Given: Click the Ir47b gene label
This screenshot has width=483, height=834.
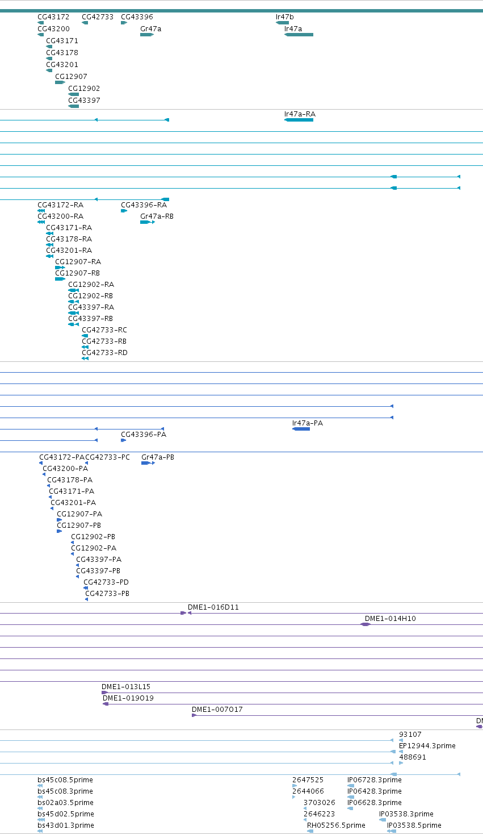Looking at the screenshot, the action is coord(284,16).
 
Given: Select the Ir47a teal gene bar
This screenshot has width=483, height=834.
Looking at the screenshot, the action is coord(299,35).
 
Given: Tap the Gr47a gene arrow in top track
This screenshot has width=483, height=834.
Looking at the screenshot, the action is coord(147,35).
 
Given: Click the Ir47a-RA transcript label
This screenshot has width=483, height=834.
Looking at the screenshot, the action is coord(300,114).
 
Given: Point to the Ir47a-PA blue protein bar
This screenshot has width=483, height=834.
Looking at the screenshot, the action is coord(301,429).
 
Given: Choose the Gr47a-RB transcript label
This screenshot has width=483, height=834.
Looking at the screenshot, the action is coord(157,216).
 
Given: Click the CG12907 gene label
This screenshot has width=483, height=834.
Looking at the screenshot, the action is coord(71,76).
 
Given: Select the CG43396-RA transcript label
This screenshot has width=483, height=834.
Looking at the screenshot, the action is coord(144,205).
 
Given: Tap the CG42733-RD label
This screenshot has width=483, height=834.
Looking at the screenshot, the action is coord(104,353).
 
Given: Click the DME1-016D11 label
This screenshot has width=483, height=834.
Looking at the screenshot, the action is coord(213,607).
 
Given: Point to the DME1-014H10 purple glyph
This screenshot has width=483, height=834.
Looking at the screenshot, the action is coord(366,624).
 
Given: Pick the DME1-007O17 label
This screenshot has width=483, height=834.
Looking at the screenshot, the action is coord(217,709).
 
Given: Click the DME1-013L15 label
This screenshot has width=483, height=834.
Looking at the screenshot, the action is coord(125,686).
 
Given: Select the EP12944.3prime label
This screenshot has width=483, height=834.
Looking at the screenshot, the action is coord(427,746).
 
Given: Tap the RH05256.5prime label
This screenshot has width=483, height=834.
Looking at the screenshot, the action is coord(336,825).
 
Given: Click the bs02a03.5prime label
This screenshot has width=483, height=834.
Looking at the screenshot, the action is coord(65,803).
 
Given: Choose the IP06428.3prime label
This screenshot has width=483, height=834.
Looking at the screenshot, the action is coord(375,791).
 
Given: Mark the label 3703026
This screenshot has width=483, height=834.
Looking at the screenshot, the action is coord(320,802).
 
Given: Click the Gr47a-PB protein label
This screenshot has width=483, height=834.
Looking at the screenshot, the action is coord(158,457).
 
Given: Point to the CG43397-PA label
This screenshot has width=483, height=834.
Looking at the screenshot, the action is coord(99,559).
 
